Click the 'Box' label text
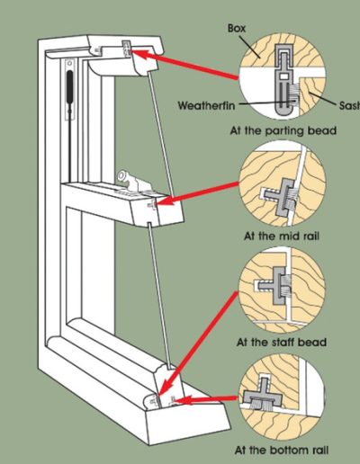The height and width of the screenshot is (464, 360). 237,28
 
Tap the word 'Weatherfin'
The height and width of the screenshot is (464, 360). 206,105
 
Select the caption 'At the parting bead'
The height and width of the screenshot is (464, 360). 283,131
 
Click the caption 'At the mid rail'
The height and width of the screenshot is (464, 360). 282,236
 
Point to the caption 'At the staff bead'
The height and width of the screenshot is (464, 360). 282,342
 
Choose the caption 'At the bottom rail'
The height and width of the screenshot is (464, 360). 282,451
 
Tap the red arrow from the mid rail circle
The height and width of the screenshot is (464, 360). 198,193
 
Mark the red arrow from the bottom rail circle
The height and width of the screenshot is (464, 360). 206,400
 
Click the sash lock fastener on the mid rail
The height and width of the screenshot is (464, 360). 130,182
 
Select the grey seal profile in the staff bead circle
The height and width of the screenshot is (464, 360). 275,286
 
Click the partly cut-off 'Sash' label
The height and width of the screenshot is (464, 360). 349,105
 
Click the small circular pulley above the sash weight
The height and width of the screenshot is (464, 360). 70,63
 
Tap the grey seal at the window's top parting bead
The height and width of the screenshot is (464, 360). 126,49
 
